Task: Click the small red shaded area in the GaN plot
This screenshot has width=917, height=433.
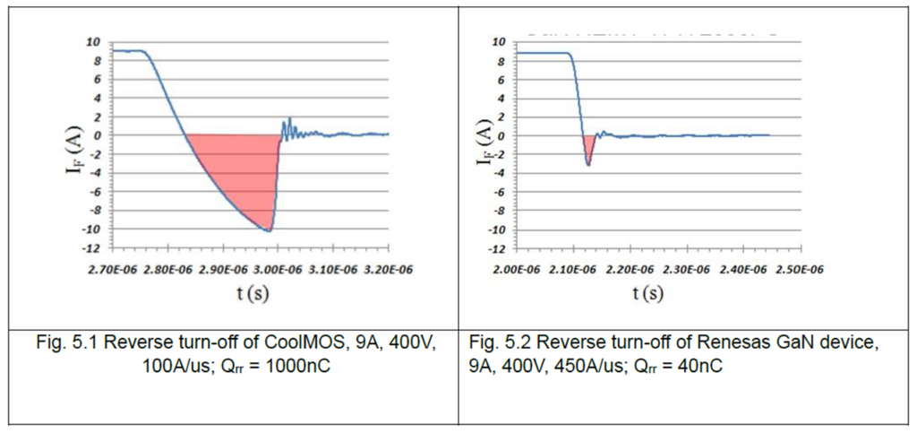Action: (588, 146)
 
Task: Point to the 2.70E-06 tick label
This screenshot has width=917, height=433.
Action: (113, 267)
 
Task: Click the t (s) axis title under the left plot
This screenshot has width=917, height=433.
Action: (246, 293)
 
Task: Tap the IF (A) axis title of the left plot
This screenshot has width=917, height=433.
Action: (79, 144)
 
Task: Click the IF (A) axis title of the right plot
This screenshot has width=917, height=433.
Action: (483, 144)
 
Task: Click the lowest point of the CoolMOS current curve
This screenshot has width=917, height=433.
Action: (268, 230)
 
